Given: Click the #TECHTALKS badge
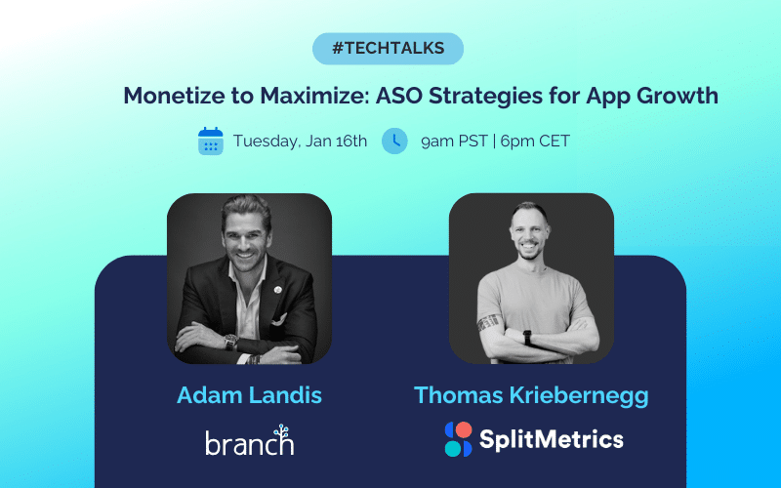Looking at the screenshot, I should click(x=388, y=48).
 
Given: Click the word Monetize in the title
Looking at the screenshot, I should click(x=167, y=96).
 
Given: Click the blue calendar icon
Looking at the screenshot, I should click(x=211, y=141).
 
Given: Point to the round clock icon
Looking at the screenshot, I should click(x=394, y=141).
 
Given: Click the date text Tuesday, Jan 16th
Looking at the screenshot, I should click(x=300, y=141).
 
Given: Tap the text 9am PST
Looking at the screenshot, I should click(x=454, y=141).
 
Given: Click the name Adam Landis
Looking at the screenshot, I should click(x=249, y=395).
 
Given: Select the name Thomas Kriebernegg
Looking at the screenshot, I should click(x=531, y=395).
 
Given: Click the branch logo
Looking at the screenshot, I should click(x=249, y=441).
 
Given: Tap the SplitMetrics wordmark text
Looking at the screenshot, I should click(x=551, y=439).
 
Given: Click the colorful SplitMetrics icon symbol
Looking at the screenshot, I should click(x=458, y=439).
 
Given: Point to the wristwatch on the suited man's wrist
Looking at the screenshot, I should click(x=231, y=343).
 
